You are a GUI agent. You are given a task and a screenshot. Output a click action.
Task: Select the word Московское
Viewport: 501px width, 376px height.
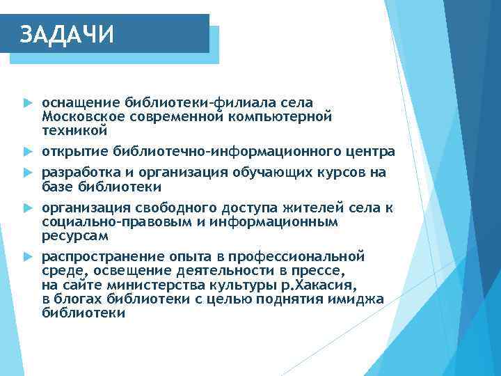pyautogui.click(x=80, y=116)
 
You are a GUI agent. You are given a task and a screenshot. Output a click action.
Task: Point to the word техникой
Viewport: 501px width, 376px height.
pyautogui.click(x=74, y=130)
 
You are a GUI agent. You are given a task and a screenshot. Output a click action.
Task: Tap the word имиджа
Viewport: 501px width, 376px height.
pyautogui.click(x=360, y=299)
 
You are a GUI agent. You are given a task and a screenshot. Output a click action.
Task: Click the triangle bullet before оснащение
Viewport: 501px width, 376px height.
pyautogui.click(x=27, y=103)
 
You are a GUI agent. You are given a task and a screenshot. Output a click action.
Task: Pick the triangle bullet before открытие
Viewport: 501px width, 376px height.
pyautogui.click(x=27, y=152)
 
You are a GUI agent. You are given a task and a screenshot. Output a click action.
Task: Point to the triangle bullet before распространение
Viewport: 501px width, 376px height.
pyautogui.click(x=27, y=257)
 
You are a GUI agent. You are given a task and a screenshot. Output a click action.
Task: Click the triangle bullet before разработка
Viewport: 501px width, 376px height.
pyautogui.click(x=27, y=173)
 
